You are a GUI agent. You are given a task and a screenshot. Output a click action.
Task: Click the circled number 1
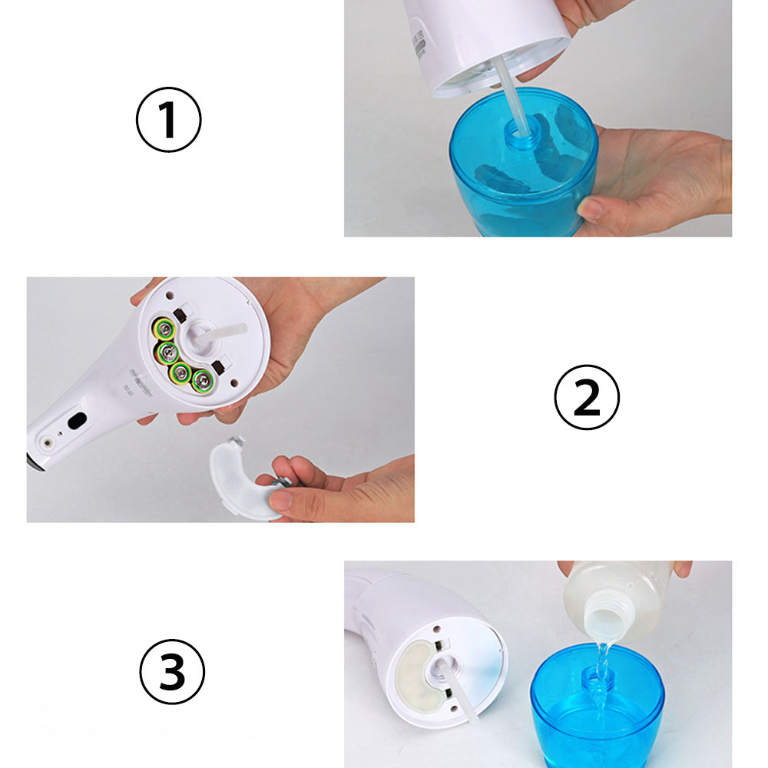169,121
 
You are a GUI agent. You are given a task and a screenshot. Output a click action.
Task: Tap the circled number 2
586,398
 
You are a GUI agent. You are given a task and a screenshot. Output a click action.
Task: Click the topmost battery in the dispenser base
164,329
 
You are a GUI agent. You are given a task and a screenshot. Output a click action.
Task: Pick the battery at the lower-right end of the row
203,379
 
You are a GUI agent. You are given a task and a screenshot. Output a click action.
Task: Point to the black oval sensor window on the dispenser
77,421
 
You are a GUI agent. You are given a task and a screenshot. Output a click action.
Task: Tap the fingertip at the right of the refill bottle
681,569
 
